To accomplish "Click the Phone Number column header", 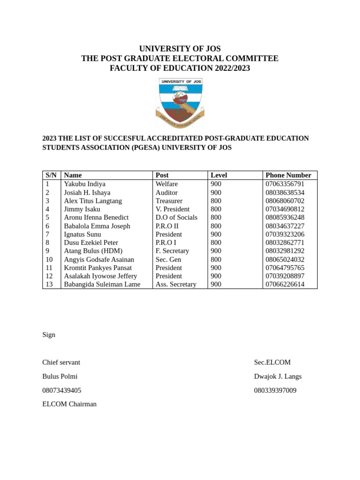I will [288, 175].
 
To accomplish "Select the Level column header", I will [219, 175].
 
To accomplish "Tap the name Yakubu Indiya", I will [84, 184].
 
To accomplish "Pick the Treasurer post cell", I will [169, 201].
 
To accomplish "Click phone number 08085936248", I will [285, 217].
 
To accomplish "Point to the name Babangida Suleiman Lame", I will [102, 285].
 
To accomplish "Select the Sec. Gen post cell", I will [168, 260].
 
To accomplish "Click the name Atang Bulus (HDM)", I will [93, 251].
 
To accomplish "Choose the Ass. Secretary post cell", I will [176, 285].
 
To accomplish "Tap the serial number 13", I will [49, 285].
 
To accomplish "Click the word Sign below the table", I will [49, 335].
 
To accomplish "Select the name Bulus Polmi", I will [60, 376].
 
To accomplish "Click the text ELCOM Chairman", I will [69, 404].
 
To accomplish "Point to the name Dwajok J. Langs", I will [277, 376].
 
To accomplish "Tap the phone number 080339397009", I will [275, 390].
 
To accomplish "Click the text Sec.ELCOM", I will [272, 362].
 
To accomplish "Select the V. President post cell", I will [172, 209].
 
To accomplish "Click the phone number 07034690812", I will [285, 209].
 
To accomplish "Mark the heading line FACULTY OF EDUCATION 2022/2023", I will [180, 68].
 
